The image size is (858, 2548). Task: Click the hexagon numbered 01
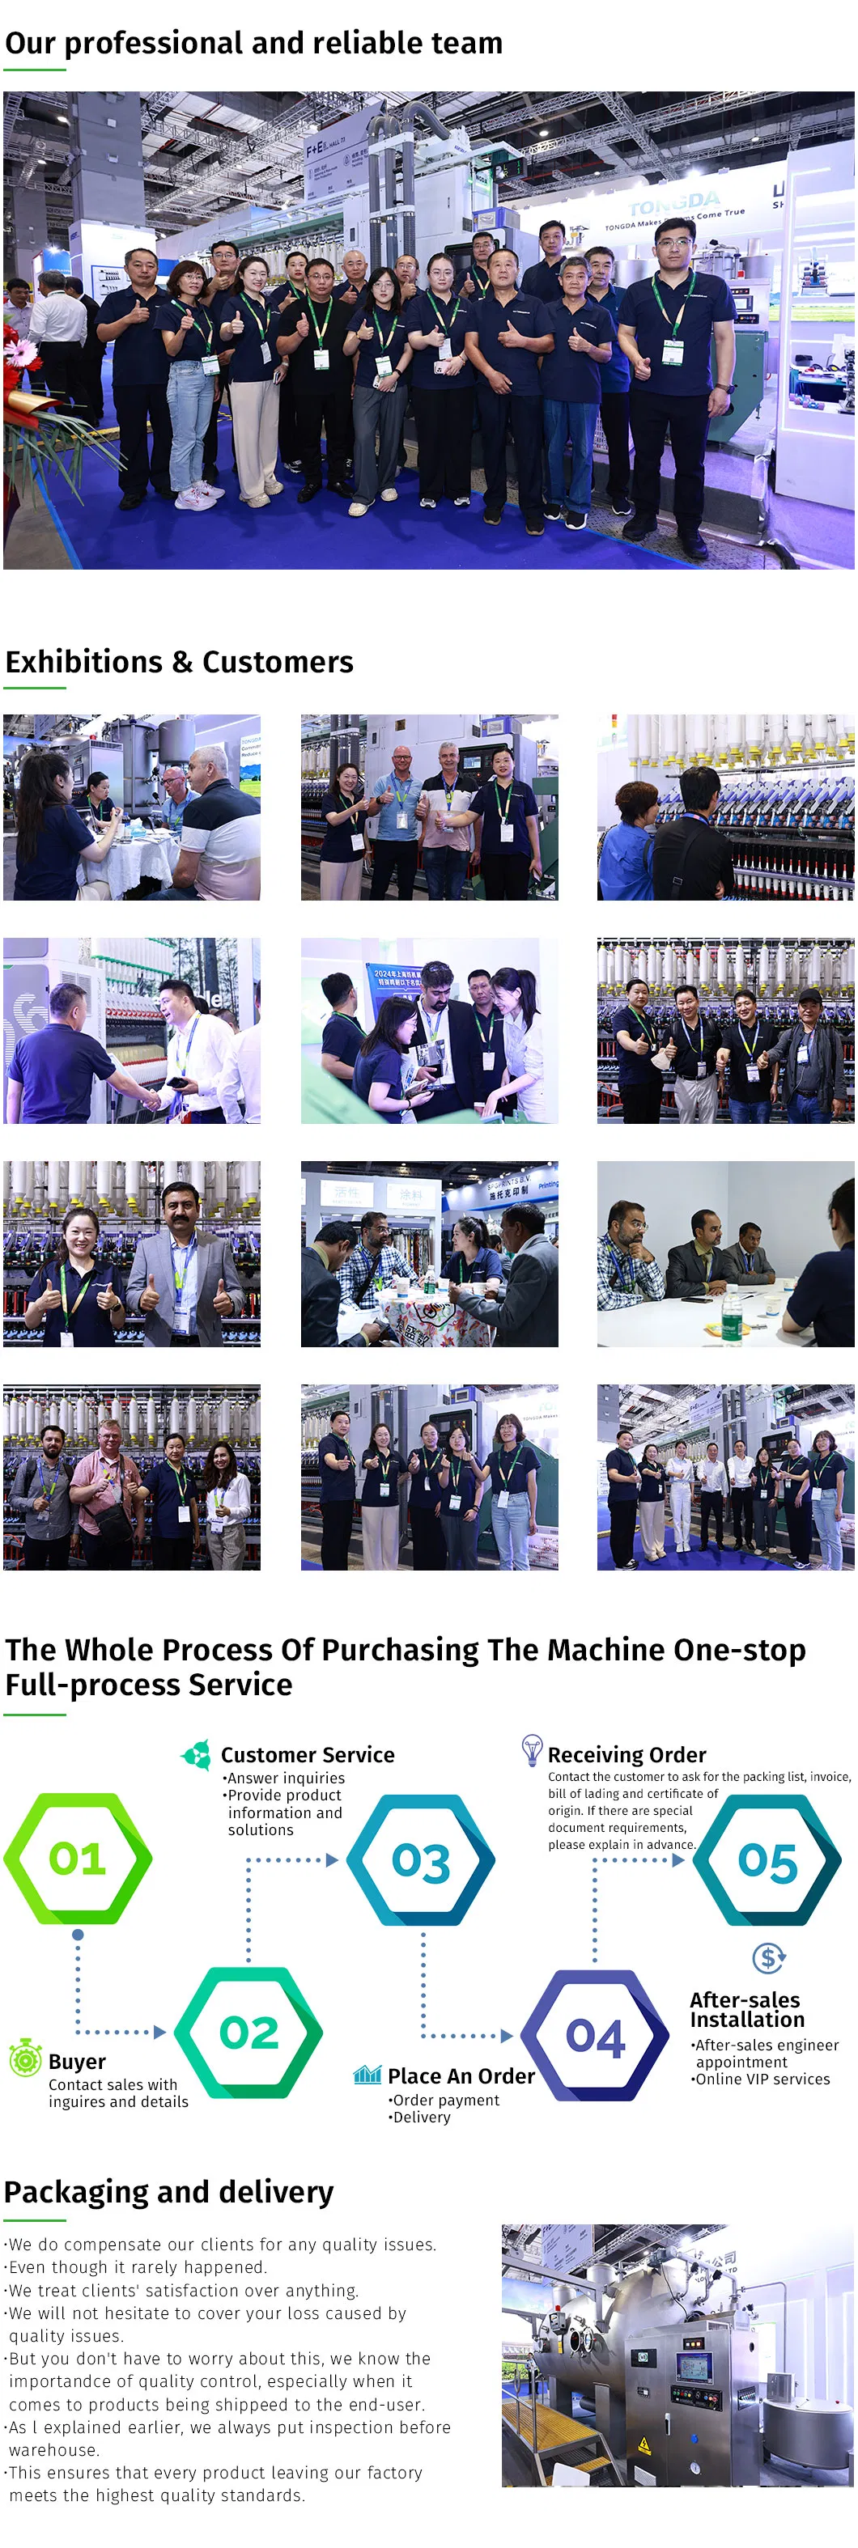tap(77, 1859)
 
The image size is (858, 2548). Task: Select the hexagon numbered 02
tap(248, 2033)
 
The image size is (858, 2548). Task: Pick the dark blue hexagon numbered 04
tap(596, 2036)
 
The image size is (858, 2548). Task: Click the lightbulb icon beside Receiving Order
tap(532, 1749)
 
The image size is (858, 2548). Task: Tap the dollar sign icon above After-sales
tap(768, 1957)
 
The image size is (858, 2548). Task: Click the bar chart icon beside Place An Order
tap(367, 2074)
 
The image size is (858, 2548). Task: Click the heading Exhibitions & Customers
tap(179, 662)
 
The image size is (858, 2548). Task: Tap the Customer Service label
tap(308, 1755)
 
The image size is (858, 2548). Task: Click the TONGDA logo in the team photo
tap(674, 204)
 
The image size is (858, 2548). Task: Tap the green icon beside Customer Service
tap(196, 1755)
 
